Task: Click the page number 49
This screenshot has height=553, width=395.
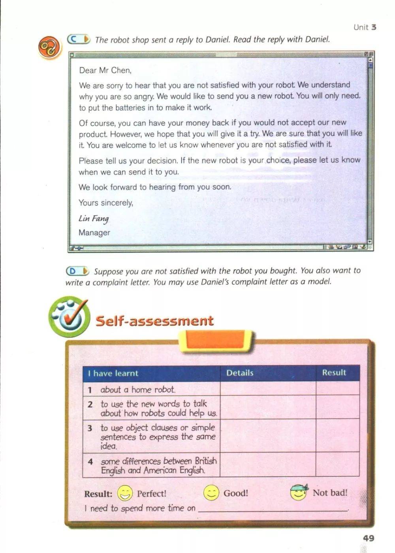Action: coord(368,538)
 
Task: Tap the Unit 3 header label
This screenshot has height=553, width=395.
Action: coord(365,27)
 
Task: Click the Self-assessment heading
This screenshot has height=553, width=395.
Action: coord(154,320)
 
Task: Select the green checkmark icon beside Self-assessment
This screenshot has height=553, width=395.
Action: coord(69,316)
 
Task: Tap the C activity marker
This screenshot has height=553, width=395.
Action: coord(79,39)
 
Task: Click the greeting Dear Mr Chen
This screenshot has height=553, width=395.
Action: coord(105,70)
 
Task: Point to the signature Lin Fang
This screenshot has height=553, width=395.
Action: coord(94,218)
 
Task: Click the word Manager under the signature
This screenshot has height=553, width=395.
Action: coord(94,233)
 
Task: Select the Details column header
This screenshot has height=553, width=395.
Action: coord(240,373)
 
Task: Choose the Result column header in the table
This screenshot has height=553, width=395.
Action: coord(334,372)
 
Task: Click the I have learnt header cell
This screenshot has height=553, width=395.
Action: coord(113,373)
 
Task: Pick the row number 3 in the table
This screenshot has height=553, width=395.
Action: coord(90,428)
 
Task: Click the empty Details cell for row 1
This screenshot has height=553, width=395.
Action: coord(268,389)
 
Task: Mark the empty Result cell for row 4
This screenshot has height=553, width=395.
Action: coord(337,465)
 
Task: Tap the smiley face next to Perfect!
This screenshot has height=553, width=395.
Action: coord(125,493)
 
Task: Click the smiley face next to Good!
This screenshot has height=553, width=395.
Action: coord(211,493)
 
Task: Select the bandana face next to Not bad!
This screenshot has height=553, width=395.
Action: coord(299,492)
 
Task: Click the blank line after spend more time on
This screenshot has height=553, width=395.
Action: coord(273,509)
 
